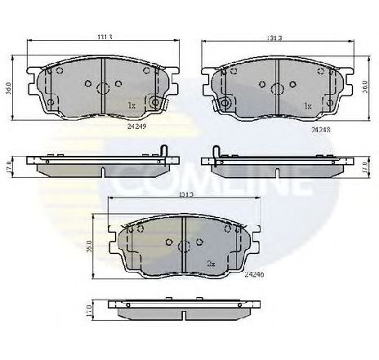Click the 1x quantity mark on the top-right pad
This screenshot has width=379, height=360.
point(308,106)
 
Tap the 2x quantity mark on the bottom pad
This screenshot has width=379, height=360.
point(211,263)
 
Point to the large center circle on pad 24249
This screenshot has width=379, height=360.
point(103,89)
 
